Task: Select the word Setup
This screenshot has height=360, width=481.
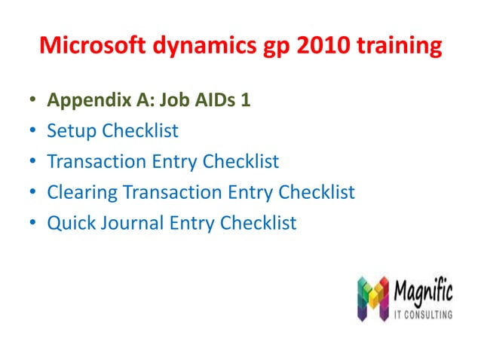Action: click(x=72, y=132)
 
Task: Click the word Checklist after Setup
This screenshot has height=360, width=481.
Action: click(x=140, y=131)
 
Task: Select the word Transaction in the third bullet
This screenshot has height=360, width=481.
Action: click(x=93, y=162)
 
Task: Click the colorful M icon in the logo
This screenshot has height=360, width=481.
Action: click(x=372, y=297)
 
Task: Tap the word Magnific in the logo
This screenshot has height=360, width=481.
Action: click(x=423, y=290)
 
